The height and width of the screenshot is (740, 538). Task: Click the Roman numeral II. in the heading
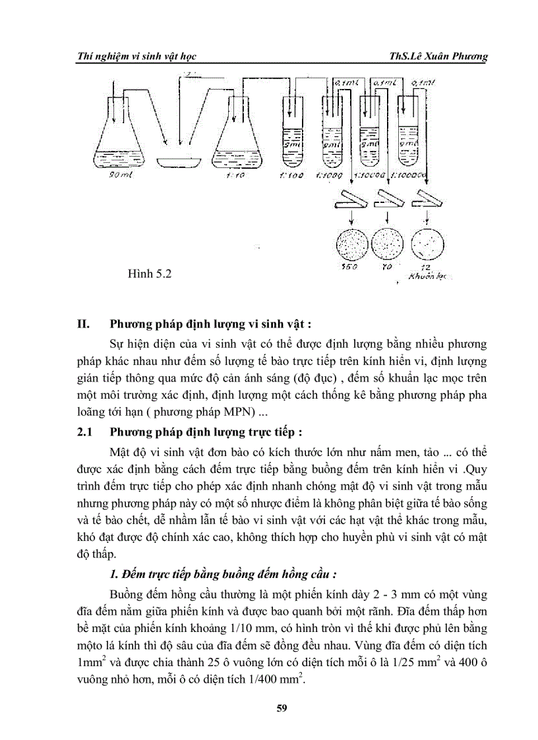click(x=84, y=324)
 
